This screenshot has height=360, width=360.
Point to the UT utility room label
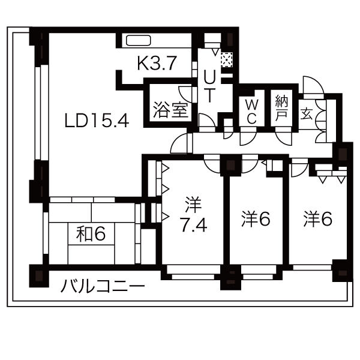point(209,86)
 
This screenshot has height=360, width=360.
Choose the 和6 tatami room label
point(91,234)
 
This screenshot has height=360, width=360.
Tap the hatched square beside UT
point(226,59)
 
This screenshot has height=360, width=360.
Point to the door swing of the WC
point(247,137)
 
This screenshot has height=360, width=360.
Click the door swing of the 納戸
point(282,137)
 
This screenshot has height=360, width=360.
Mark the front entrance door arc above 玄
point(313,86)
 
